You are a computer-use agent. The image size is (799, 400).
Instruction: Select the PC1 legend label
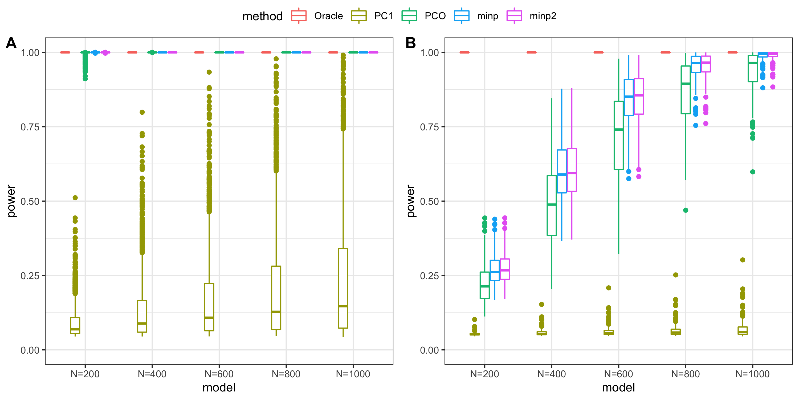[383, 16]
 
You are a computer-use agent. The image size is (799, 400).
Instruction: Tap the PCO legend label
[435, 16]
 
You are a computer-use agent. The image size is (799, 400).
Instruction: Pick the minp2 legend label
[543, 16]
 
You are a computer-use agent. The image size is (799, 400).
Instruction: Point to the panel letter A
[11, 43]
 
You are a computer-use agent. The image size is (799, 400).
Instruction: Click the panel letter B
[411, 43]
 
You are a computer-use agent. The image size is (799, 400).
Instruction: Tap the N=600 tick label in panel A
[219, 374]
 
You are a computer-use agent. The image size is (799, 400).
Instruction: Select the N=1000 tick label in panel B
[752, 374]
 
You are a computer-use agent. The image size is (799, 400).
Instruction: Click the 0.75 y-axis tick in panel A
[30, 127]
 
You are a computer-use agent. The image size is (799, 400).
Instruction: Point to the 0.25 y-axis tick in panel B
[429, 276]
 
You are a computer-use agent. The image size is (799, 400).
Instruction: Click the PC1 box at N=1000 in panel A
[343, 288]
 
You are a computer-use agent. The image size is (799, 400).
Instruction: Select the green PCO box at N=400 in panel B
[552, 206]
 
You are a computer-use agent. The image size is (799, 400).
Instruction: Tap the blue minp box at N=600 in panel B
[629, 98]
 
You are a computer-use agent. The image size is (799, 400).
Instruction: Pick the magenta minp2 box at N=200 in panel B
[505, 269]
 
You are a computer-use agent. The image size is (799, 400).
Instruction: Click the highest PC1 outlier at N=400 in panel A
[142, 112]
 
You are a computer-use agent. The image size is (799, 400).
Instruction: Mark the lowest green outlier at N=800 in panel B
[686, 210]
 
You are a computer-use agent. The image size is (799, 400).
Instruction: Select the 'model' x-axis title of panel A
[219, 387]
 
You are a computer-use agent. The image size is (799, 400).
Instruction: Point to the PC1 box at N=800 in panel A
[276, 298]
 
